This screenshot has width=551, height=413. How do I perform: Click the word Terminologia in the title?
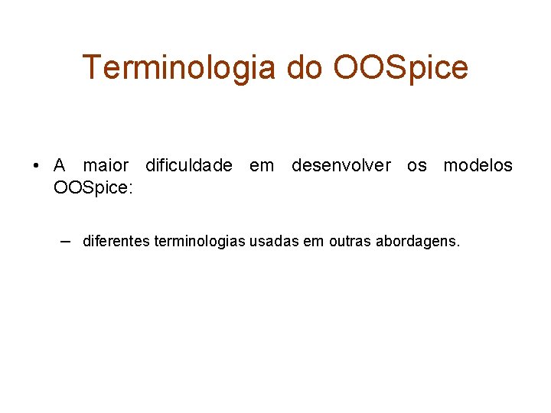pyautogui.click(x=180, y=67)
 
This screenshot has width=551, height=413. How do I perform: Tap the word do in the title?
pyautogui.click(x=305, y=67)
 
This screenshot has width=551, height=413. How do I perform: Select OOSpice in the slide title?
pyautogui.click(x=401, y=67)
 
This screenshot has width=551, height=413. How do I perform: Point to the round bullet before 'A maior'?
pyautogui.click(x=36, y=166)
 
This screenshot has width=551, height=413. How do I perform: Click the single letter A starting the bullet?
pyautogui.click(x=60, y=166)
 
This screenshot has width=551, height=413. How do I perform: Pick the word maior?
pyautogui.click(x=106, y=166)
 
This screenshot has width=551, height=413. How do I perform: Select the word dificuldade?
pyautogui.click(x=188, y=166)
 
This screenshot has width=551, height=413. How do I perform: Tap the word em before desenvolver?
pyautogui.click(x=262, y=166)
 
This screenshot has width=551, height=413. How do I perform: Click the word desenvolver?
pyautogui.click(x=341, y=166)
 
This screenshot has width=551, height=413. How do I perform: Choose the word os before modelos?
pyautogui.click(x=417, y=166)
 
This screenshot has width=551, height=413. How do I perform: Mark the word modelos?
pyautogui.click(x=478, y=166)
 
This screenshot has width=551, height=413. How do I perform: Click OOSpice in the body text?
pyautogui.click(x=90, y=188)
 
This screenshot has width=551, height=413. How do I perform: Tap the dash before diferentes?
pyautogui.click(x=66, y=241)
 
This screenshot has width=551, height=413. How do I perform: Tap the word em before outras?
pyautogui.click(x=314, y=242)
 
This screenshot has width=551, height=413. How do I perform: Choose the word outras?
pyautogui.click(x=349, y=242)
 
